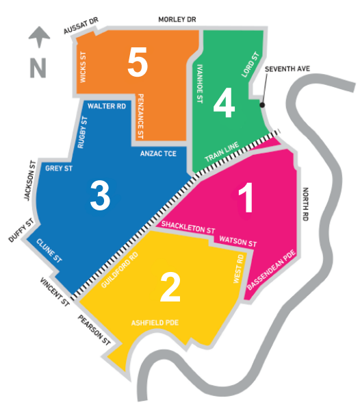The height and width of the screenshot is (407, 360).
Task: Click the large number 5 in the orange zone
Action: tap(138, 62)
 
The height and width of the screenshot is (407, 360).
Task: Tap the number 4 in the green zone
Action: tap(224, 102)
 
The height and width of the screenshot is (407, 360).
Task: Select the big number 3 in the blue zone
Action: tap(100, 195)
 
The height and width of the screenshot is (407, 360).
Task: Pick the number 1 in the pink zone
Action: tap(246, 197)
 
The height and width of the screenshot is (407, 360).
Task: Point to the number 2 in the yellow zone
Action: tap(170, 287)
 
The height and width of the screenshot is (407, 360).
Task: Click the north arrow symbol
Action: tap(39, 37)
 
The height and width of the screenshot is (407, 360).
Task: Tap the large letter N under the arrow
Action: tap(38, 68)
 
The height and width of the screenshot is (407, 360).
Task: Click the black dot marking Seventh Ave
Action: tap(262, 105)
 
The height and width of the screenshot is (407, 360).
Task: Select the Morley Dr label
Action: tap(177, 19)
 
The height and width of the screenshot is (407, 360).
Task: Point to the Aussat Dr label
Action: tap(81, 25)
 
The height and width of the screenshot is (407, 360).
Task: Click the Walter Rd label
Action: tap(107, 106)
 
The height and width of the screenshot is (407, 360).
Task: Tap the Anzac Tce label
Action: tap(158, 153)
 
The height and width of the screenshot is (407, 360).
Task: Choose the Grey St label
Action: tap(59, 168)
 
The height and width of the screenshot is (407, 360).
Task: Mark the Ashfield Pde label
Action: tap(155, 323)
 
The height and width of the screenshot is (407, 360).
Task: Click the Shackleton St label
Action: tap(188, 227)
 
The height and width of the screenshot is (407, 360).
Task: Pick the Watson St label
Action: tap(238, 241)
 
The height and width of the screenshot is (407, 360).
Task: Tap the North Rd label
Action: tap(306, 204)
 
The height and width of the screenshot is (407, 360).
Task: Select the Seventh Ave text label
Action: tap(287, 69)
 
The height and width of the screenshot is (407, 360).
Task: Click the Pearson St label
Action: tap(94, 330)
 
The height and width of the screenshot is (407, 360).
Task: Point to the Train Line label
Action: tap(222, 152)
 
